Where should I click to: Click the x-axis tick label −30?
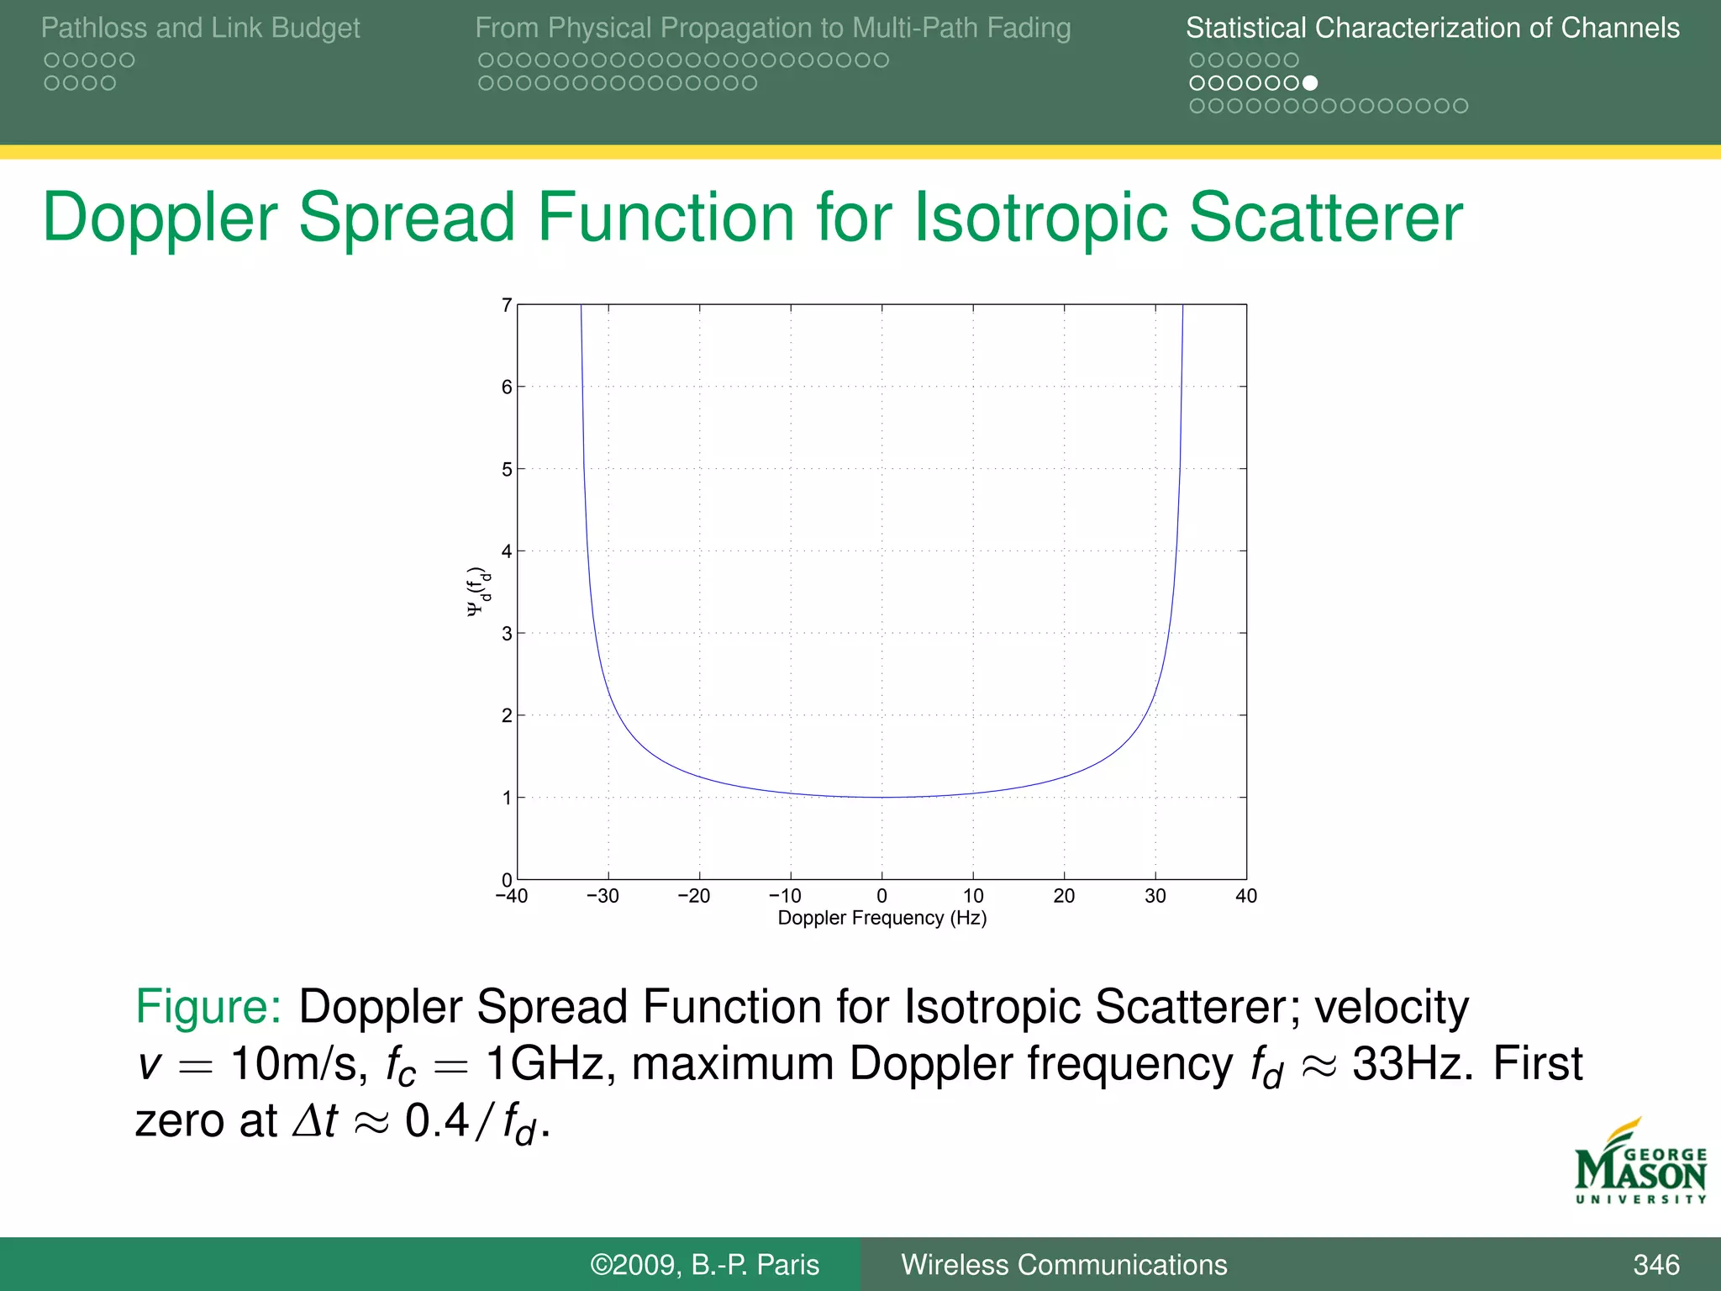click(603, 896)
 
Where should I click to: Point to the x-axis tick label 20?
click(1064, 896)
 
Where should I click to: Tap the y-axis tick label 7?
click(507, 305)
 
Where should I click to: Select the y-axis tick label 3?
click(507, 634)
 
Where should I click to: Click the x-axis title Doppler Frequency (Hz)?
click(882, 918)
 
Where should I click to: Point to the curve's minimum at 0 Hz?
click(882, 797)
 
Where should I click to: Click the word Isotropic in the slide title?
click(1042, 218)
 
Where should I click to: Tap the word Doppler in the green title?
click(160, 218)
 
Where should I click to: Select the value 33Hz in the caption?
click(1412, 1063)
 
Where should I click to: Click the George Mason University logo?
click(1640, 1164)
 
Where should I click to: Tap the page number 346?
click(1655, 1265)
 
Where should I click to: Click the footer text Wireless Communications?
click(1064, 1265)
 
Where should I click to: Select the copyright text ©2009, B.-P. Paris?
click(704, 1265)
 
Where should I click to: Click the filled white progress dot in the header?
click(1310, 83)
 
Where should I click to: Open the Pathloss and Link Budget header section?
click(200, 29)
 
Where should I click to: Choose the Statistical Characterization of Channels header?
click(1432, 29)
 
